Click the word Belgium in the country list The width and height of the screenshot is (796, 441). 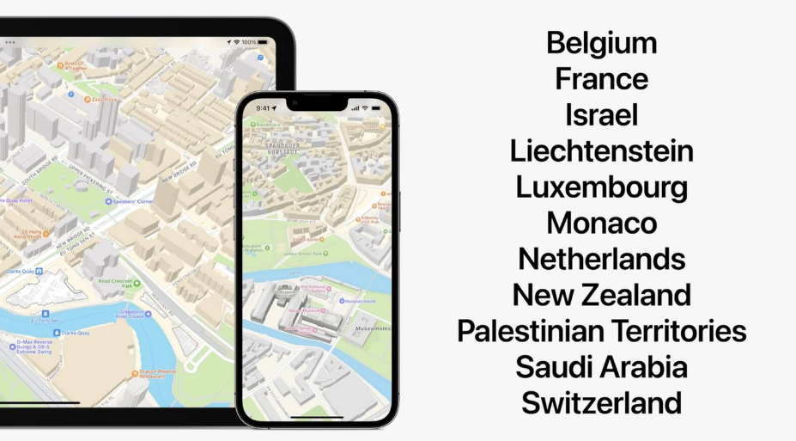coord(601,43)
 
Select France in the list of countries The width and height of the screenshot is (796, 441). coord(601,79)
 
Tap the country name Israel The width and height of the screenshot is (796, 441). coord(601,115)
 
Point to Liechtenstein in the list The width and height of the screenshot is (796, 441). coord(601,151)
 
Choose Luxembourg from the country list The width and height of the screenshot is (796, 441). coord(601,187)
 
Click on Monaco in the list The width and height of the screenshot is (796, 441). coord(601,224)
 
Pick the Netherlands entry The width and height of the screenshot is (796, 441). coord(601,259)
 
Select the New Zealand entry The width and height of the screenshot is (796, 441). coord(601,295)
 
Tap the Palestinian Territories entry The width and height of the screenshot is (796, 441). coord(601,331)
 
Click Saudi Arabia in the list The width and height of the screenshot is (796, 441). coord(601,367)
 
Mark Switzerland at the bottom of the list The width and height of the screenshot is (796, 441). coord(601,402)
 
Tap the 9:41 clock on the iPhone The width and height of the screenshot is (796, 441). coord(263,108)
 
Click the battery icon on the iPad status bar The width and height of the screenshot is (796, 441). coord(263,41)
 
